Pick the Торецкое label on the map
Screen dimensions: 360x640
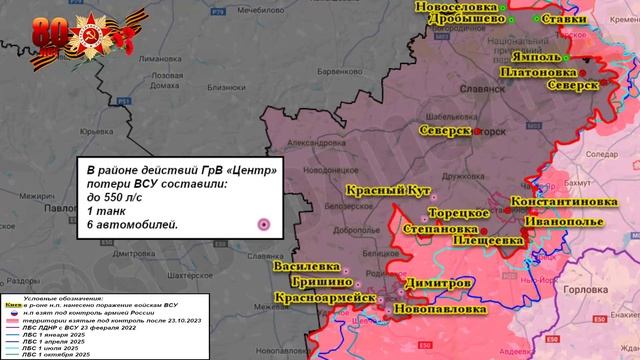pos(458,213)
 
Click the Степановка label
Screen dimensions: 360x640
pos(411,229)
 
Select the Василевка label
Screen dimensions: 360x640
pos(303,267)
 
